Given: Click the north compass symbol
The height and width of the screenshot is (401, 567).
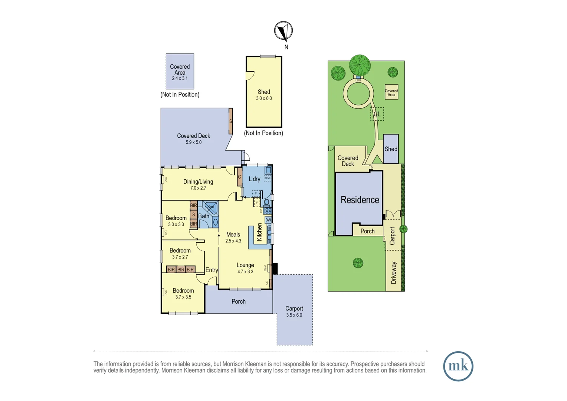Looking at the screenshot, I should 283,31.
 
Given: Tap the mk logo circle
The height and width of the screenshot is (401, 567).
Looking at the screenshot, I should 458,366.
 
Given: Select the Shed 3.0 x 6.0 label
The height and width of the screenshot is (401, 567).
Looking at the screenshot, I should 264,95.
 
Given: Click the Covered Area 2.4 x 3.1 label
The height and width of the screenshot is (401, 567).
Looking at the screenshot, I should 180,72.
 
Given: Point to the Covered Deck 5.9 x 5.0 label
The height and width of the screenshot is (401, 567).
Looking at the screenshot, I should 193,138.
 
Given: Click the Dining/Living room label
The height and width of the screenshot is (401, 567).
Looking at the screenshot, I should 198,184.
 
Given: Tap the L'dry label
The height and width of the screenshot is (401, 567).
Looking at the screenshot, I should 254,179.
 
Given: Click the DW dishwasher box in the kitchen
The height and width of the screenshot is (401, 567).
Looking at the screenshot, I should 268,220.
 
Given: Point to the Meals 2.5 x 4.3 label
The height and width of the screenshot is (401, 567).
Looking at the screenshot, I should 233,237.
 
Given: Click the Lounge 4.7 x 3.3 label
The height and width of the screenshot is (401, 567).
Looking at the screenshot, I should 245,268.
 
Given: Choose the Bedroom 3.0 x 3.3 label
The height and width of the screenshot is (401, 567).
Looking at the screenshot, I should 176,221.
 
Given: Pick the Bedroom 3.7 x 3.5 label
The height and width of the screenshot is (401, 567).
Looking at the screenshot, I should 183,293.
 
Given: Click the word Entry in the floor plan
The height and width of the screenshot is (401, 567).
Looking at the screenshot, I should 212,270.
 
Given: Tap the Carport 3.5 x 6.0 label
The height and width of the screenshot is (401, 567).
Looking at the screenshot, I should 294,311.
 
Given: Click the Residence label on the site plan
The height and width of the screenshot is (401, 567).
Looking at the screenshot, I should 360,200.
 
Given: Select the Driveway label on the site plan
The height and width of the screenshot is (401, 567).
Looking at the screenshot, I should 394,273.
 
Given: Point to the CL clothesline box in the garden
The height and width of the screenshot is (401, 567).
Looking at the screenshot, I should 377,114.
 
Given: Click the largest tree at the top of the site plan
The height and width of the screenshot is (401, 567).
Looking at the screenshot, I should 360,65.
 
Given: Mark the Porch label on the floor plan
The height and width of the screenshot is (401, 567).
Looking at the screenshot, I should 239,301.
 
